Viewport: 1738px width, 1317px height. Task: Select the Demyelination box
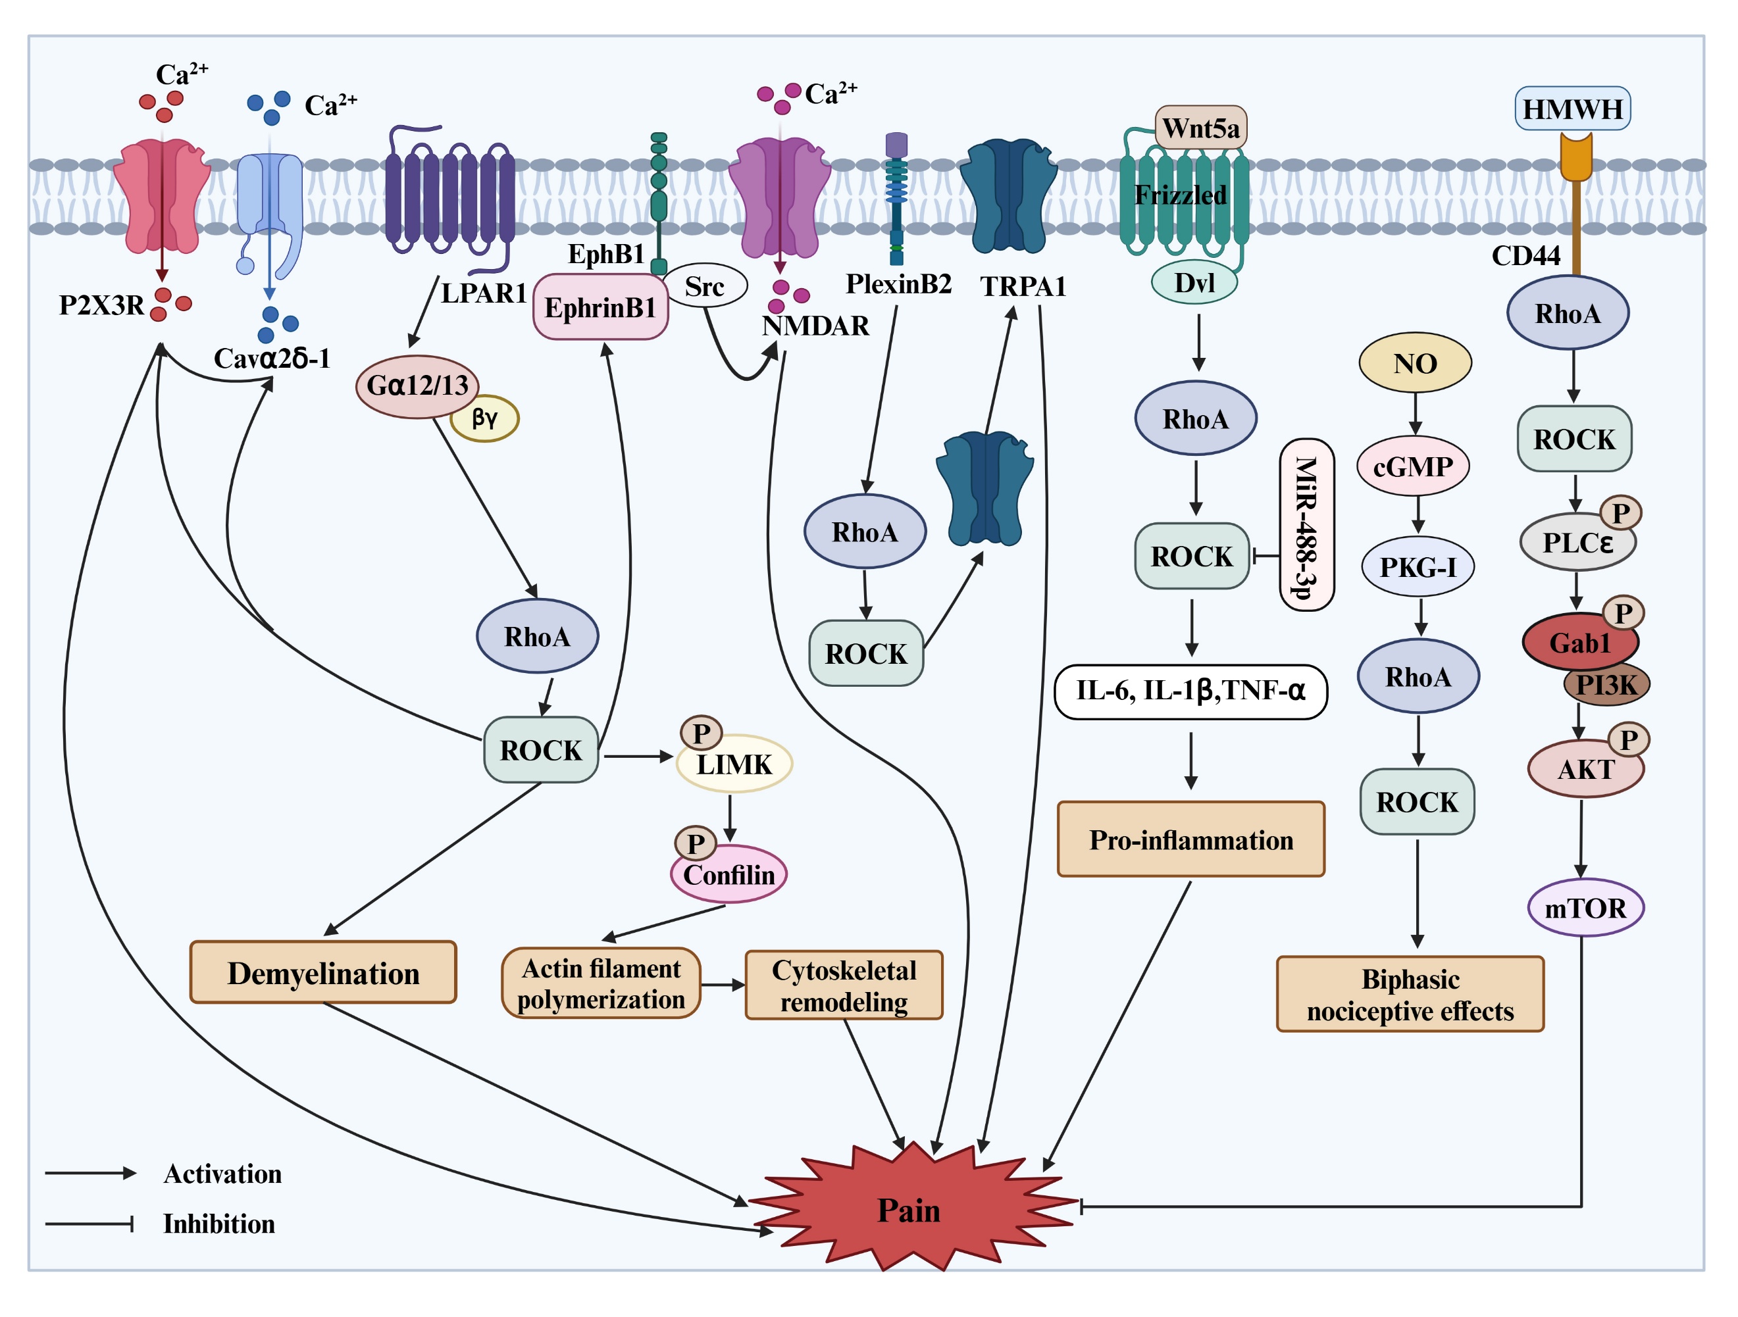point(323,973)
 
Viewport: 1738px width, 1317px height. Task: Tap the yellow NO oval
point(1414,363)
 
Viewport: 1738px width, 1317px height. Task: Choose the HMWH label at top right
point(1572,109)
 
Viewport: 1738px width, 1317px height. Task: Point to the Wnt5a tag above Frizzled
point(1200,127)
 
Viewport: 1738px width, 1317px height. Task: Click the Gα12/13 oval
point(417,385)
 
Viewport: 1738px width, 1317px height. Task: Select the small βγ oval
point(485,418)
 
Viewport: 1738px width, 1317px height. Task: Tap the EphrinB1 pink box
point(600,307)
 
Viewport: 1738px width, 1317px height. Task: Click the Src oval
point(704,286)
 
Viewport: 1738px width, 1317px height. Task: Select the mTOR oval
point(1585,908)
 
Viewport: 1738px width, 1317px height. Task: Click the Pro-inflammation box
point(1190,839)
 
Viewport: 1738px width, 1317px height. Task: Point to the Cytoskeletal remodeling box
point(843,985)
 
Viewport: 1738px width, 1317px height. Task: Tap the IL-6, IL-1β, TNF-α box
point(1190,690)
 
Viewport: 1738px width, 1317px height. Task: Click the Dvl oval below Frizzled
point(1194,282)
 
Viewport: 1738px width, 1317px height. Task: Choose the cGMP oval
point(1413,466)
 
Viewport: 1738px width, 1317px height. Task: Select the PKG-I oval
point(1418,567)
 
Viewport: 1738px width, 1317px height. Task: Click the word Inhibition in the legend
point(218,1224)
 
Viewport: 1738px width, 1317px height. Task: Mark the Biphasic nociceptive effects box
point(1410,994)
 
